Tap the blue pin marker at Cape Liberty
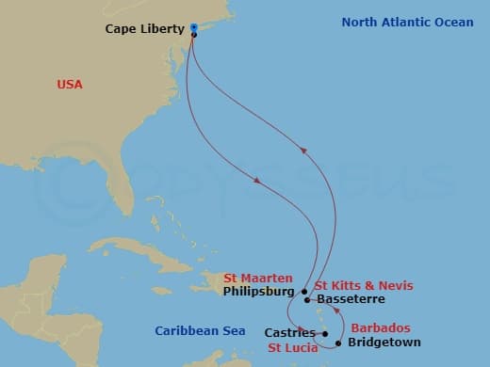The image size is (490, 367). click(193, 27)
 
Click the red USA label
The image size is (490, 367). click(70, 85)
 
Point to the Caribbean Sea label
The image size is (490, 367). click(200, 330)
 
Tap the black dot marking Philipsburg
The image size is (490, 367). click(304, 292)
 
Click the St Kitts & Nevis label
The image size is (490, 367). click(363, 285)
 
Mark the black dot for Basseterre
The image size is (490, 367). click(308, 300)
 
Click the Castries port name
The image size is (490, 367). click(289, 333)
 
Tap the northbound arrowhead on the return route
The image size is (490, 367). click(302, 149)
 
